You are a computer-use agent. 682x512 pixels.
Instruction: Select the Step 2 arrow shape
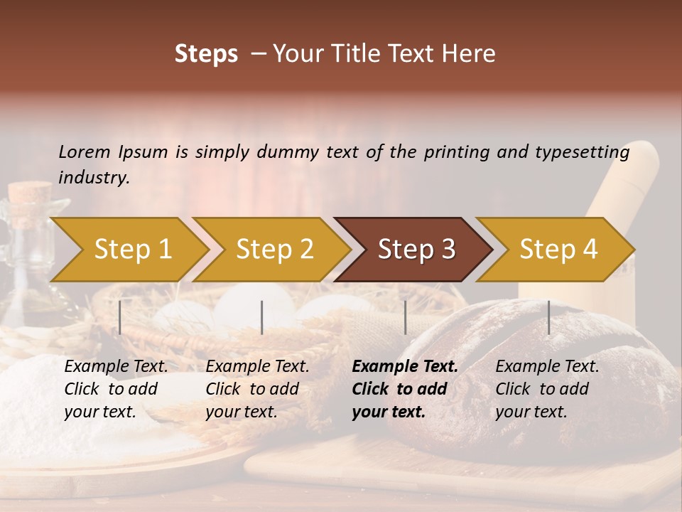pyautogui.click(x=274, y=250)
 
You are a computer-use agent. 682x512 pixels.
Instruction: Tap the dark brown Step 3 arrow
pyautogui.click(x=416, y=250)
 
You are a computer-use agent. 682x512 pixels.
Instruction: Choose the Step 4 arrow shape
pyautogui.click(x=558, y=250)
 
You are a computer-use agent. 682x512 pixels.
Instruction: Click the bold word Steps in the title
pyautogui.click(x=206, y=54)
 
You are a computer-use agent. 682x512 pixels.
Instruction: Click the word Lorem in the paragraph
pyautogui.click(x=84, y=152)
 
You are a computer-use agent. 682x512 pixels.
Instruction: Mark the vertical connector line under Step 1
pyautogui.click(x=120, y=317)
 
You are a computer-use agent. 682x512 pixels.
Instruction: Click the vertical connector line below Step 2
pyautogui.click(x=262, y=317)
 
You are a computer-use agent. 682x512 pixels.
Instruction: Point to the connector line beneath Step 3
pyautogui.click(x=406, y=317)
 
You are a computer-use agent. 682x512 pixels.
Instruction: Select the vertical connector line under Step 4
pyautogui.click(x=548, y=317)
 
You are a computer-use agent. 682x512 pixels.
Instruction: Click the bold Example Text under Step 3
pyautogui.click(x=405, y=367)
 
